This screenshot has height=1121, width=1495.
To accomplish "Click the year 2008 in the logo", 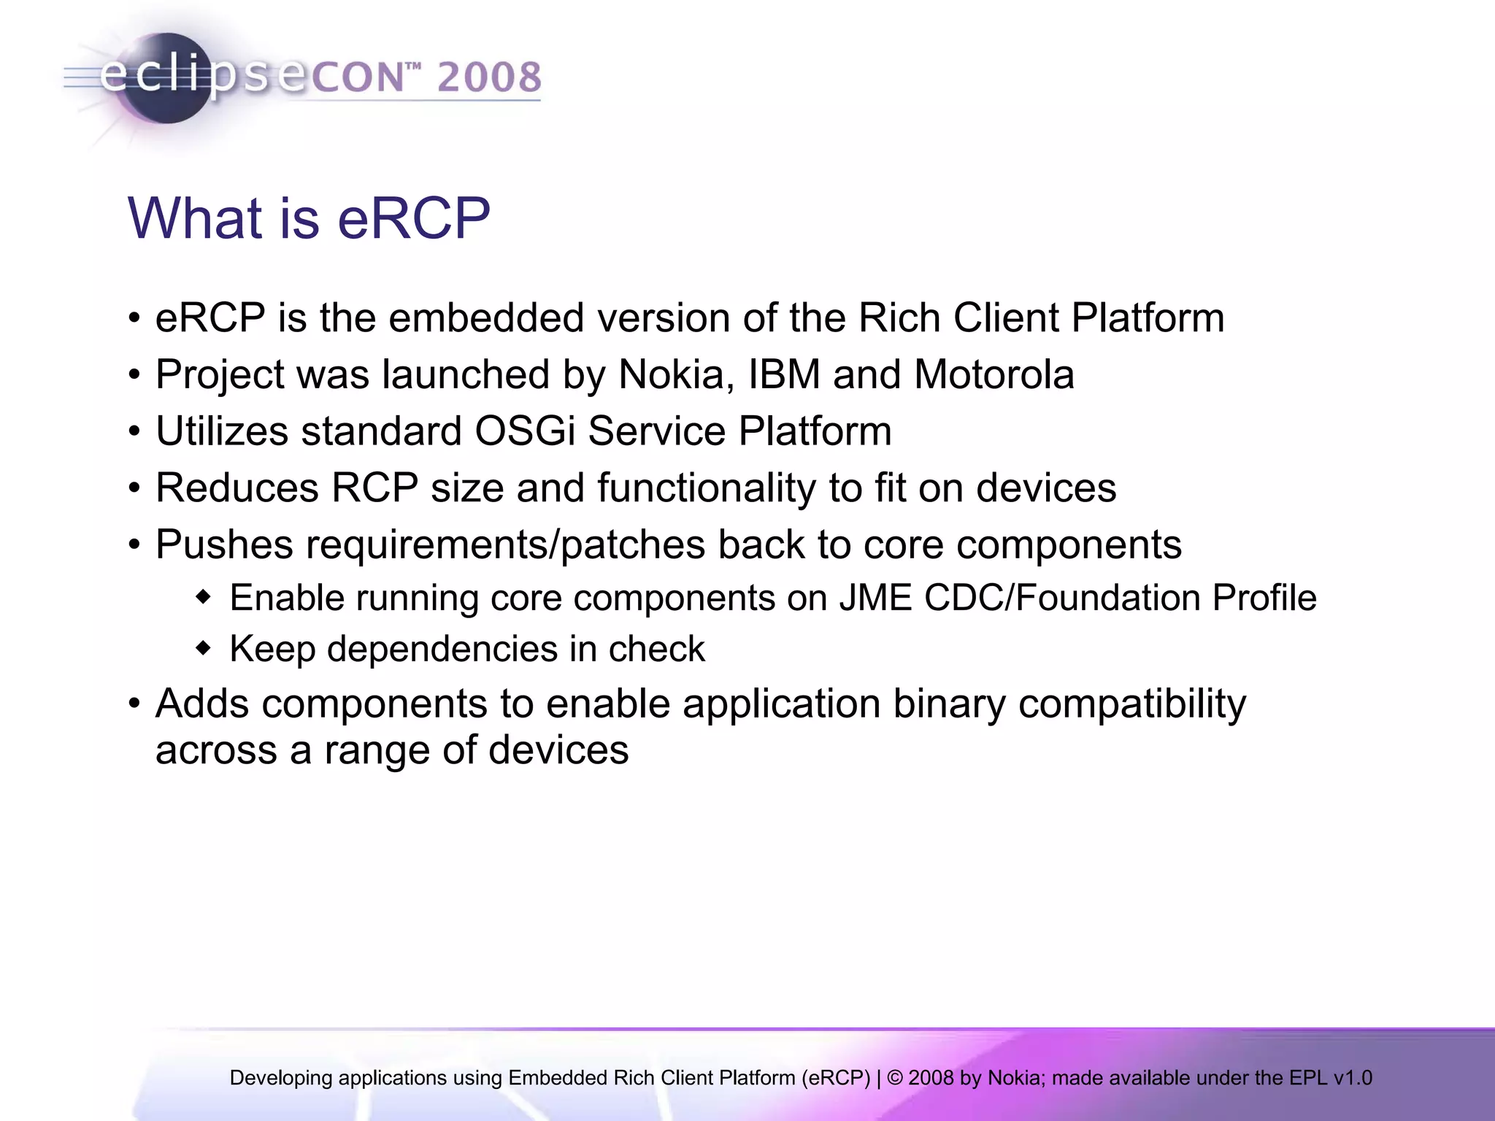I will tap(489, 77).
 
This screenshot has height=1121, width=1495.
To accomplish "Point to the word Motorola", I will tap(994, 375).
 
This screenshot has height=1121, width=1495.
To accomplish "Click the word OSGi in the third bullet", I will tap(525, 431).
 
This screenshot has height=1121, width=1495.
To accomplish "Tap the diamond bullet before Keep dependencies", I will tap(204, 648).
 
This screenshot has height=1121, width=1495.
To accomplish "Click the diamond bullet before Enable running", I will tap(204, 597).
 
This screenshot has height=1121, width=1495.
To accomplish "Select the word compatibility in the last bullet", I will tap(1131, 705).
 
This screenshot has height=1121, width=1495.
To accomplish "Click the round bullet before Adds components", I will tap(134, 704).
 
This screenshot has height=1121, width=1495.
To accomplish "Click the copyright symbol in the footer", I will tap(895, 1078).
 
